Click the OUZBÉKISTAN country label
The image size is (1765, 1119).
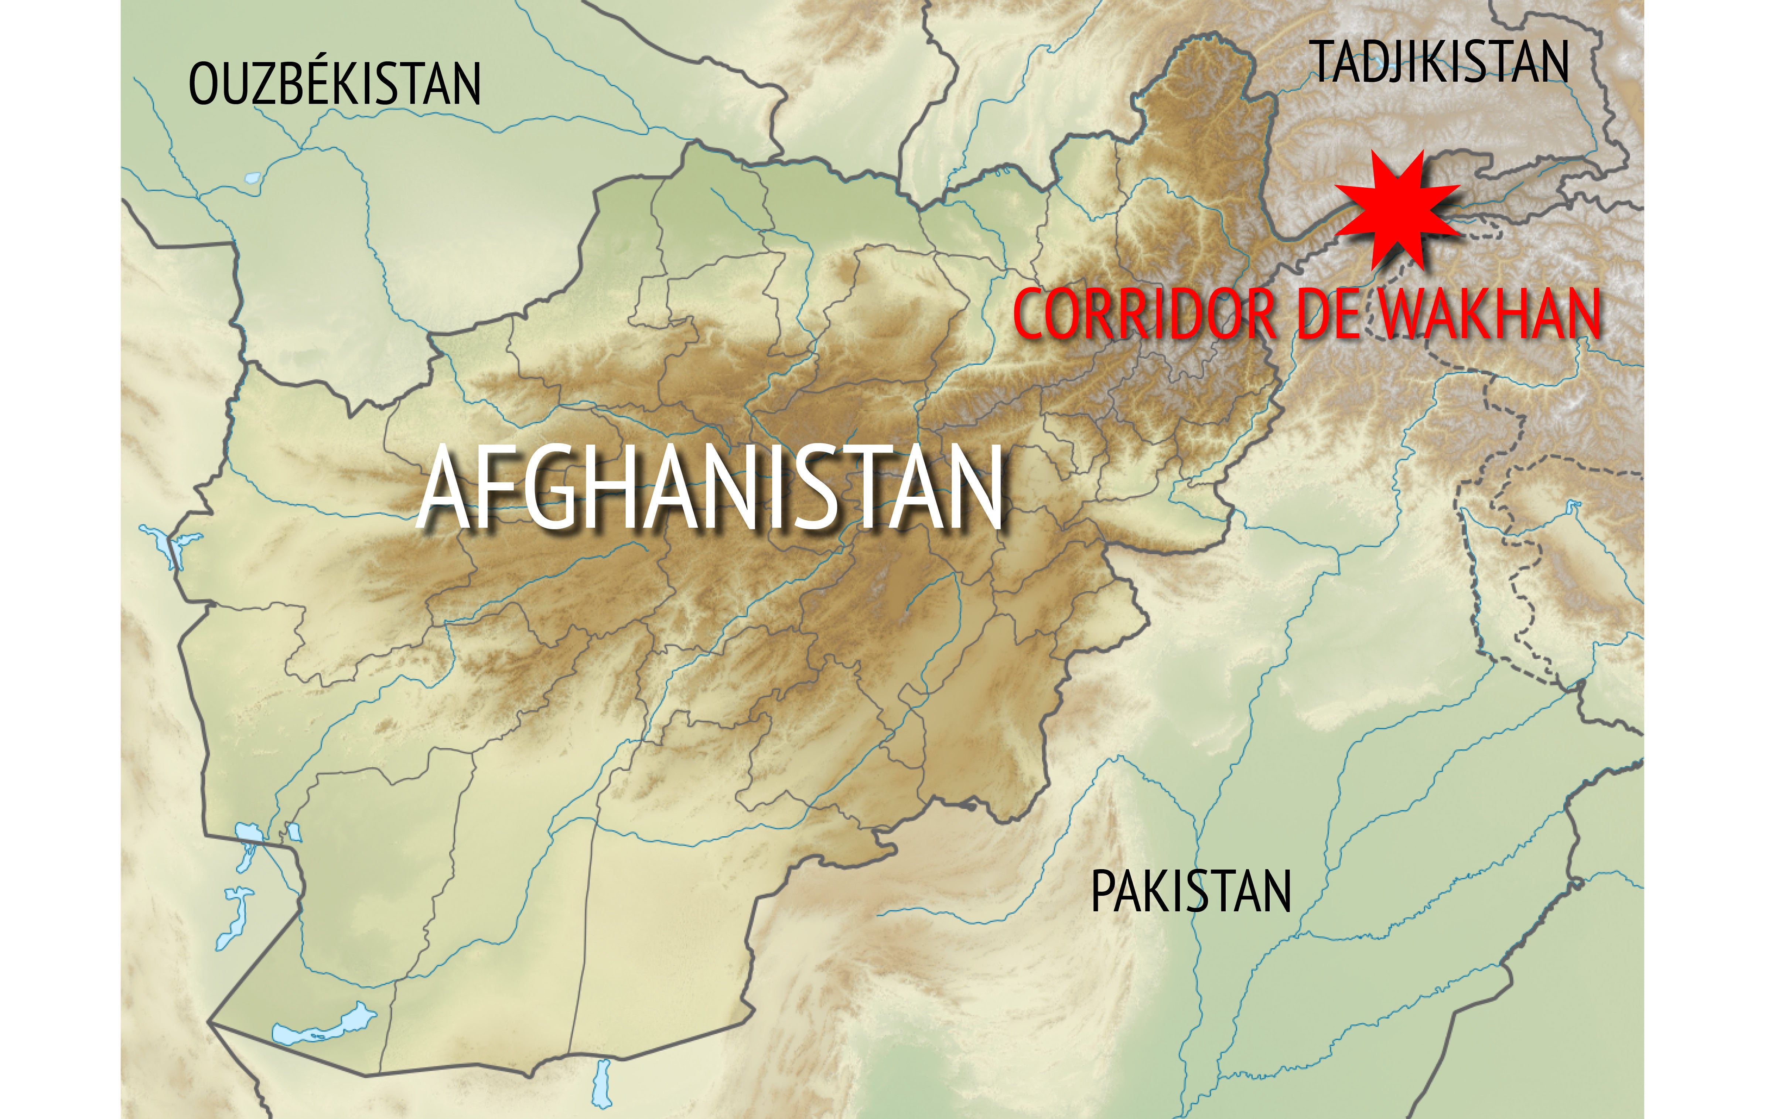[x=334, y=84]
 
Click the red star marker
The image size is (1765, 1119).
[x=1396, y=209]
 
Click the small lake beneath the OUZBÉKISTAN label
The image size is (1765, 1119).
[x=253, y=177]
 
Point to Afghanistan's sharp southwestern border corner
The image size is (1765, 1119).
[x=209, y=1021]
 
